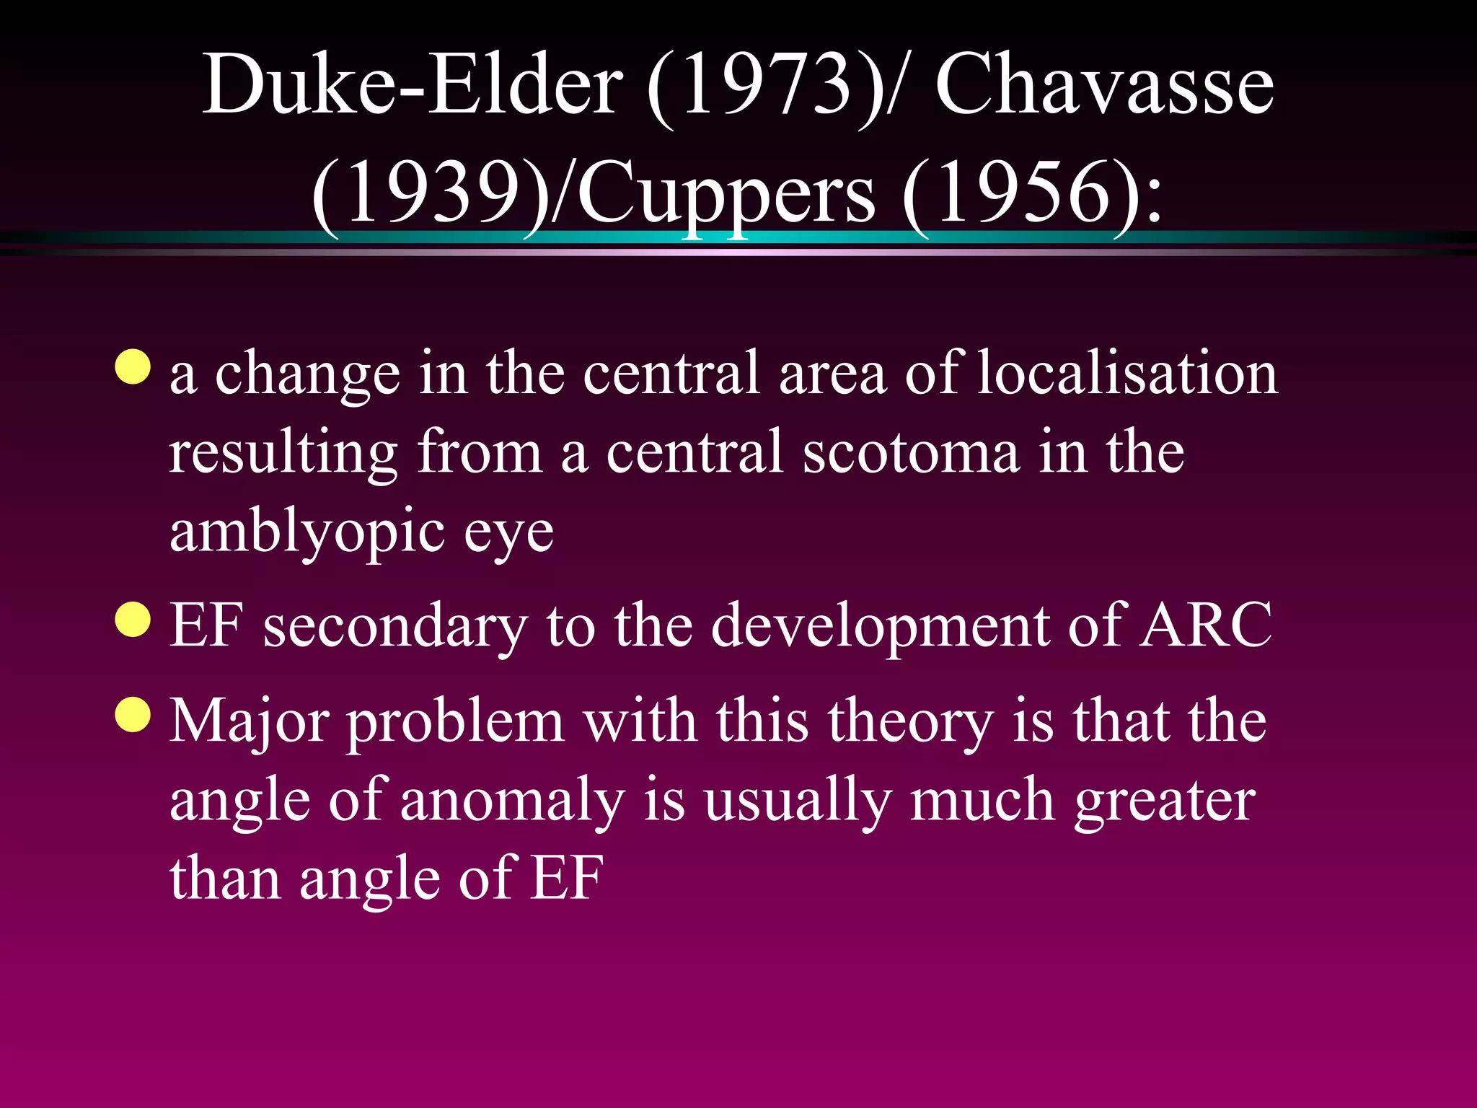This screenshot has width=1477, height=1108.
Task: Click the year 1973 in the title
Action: point(767,85)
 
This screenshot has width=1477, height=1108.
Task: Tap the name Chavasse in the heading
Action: point(1104,85)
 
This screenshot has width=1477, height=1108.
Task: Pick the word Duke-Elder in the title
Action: point(412,85)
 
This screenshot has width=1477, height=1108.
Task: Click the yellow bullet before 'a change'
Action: point(133,367)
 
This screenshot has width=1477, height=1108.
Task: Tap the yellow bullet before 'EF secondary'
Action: point(133,620)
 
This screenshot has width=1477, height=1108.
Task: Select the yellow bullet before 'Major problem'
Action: point(133,714)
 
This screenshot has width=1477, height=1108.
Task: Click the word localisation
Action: point(1127,373)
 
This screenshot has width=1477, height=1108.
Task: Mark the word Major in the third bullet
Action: point(250,721)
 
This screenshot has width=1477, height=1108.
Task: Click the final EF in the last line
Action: point(566,878)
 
